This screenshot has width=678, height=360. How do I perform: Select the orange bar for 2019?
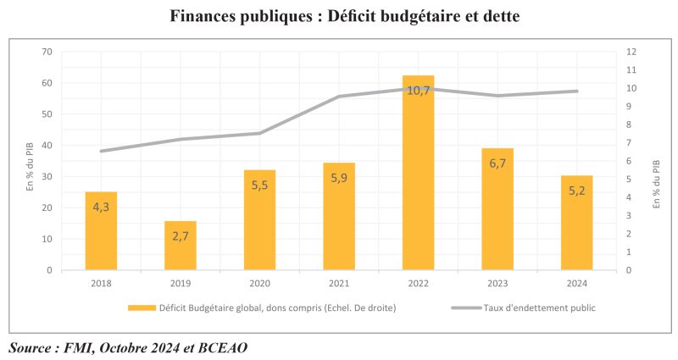(181, 246)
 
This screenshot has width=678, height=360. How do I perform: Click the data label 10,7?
(418, 89)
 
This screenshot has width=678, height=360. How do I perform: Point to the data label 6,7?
(497, 163)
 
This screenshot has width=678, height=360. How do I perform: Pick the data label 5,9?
(339, 179)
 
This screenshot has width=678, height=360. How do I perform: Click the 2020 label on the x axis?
(259, 284)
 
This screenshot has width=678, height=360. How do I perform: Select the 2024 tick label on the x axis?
(576, 284)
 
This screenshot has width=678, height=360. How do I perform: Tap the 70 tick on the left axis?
(47, 53)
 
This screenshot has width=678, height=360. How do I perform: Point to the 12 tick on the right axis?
(631, 53)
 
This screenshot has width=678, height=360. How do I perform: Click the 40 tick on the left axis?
(47, 146)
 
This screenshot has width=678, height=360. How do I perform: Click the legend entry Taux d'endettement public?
(540, 307)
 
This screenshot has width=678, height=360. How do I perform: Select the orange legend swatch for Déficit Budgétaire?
(142, 307)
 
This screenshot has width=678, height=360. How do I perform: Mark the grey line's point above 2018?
(102, 151)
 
